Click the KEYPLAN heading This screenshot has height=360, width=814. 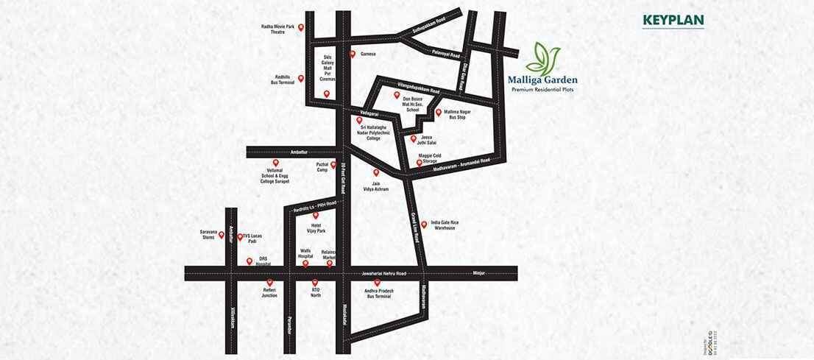673,20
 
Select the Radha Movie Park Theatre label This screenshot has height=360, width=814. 277,29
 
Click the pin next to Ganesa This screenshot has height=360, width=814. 353,54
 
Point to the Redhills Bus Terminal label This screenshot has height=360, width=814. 282,80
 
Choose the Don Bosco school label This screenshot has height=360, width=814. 413,104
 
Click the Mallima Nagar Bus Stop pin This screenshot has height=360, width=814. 439,113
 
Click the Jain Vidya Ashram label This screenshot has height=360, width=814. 376,187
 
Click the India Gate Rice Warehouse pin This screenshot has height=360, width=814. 424,225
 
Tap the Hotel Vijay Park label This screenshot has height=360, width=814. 315,229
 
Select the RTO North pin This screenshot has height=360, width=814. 315,282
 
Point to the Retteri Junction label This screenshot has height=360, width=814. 270,293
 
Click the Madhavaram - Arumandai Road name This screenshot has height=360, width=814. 456,170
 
